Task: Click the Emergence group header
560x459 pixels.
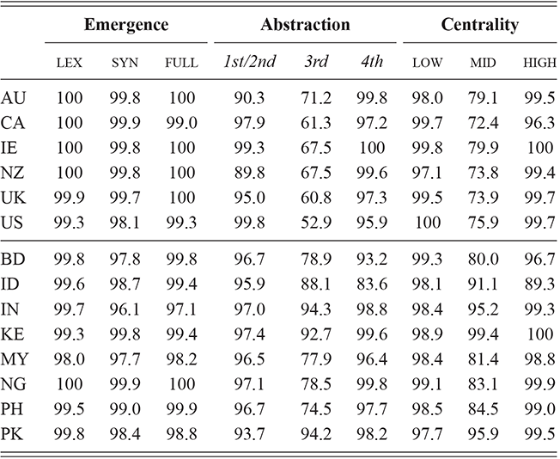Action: (x=126, y=25)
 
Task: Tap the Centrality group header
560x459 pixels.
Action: (x=479, y=25)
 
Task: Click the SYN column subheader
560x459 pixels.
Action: (x=125, y=63)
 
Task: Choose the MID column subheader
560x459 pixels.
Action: (x=482, y=63)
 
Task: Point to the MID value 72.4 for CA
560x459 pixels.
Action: (x=482, y=119)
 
